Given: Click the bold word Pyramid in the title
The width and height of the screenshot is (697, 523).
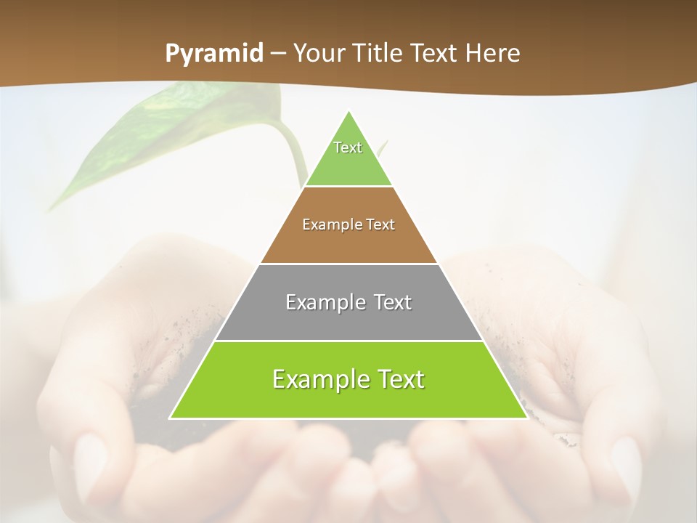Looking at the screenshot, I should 214,54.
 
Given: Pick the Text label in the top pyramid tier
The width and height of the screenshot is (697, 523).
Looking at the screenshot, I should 348,147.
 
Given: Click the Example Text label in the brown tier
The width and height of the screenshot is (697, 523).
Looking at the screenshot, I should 348,224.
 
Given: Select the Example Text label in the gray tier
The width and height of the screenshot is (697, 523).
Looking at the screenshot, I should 348,302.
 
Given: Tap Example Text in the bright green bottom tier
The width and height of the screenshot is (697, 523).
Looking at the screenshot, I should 348,379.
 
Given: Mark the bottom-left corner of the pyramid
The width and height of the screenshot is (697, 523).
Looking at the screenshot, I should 171,418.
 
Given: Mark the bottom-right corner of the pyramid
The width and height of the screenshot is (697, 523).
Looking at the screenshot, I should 526,418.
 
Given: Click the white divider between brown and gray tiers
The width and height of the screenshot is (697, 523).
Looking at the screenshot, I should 348,264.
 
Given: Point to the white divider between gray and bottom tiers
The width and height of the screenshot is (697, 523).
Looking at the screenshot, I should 348,341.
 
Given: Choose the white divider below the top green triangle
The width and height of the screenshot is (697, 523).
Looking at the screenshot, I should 348,187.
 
